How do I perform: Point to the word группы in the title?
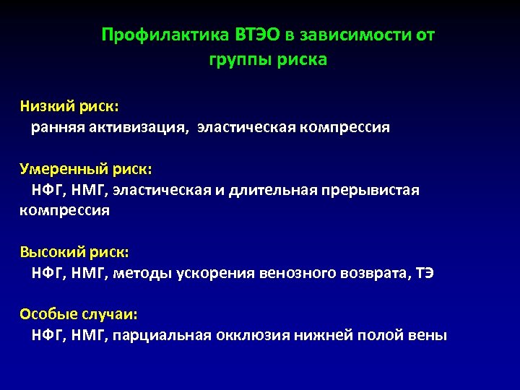pyautogui.click(x=238, y=60)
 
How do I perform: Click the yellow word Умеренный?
pyautogui.click(x=64, y=169)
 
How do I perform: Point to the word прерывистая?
pyautogui.click(x=373, y=191)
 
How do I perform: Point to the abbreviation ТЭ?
pyautogui.click(x=425, y=274)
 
